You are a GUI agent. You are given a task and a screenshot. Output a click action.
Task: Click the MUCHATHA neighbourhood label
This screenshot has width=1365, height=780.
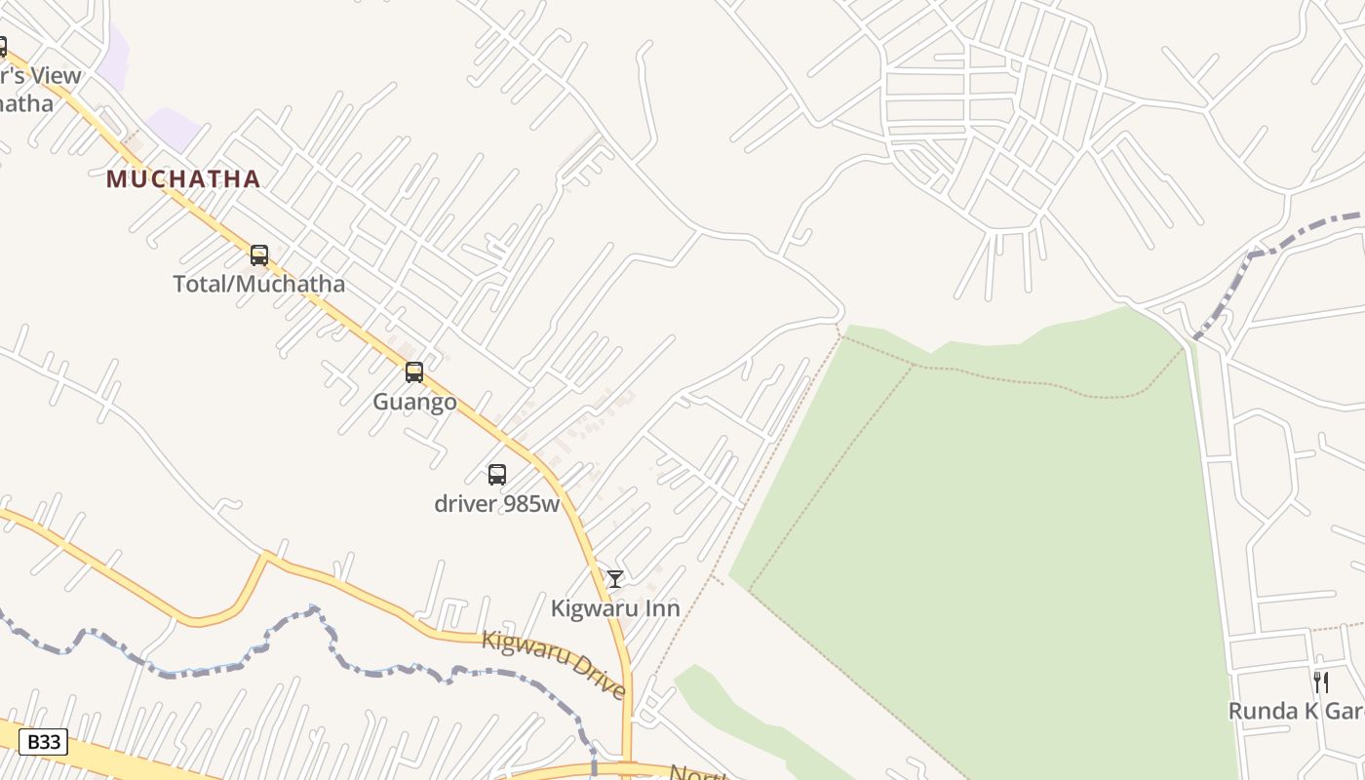[183, 179]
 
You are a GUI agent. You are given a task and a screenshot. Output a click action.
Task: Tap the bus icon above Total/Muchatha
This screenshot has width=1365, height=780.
[259, 255]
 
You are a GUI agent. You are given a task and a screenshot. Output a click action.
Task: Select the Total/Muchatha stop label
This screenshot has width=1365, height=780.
[259, 285]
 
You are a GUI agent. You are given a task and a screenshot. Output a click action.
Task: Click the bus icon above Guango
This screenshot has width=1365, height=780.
[414, 372]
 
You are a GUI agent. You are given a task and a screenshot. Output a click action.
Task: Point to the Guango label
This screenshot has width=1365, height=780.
[414, 402]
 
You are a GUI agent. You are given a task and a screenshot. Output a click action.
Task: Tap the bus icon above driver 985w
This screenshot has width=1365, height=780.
[497, 475]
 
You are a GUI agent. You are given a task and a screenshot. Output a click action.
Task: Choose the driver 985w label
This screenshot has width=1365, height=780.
[497, 504]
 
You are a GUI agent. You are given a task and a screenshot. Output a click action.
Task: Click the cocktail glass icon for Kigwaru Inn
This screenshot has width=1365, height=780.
[615, 579]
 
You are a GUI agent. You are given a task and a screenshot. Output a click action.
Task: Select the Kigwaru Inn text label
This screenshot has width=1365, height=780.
[615, 608]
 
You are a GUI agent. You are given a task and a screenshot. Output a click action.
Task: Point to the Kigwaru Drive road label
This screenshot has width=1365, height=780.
[554, 662]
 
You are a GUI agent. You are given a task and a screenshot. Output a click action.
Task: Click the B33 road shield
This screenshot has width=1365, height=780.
[44, 742]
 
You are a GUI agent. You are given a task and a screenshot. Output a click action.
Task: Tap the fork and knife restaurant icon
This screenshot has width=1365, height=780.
[1321, 682]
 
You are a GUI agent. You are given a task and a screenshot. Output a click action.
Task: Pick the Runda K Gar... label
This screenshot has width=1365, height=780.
[1296, 711]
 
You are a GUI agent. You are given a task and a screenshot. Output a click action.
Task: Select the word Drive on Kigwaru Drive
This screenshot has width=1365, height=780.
[596, 675]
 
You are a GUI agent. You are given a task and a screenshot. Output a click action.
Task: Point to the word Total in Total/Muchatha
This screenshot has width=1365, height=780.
[200, 285]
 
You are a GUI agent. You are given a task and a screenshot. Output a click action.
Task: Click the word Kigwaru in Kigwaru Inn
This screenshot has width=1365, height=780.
[594, 608]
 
